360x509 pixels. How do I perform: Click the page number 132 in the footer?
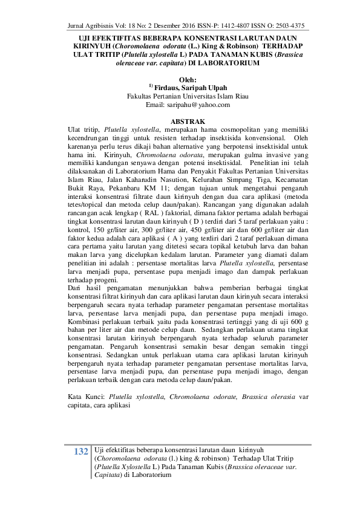(x=81, y=453)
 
